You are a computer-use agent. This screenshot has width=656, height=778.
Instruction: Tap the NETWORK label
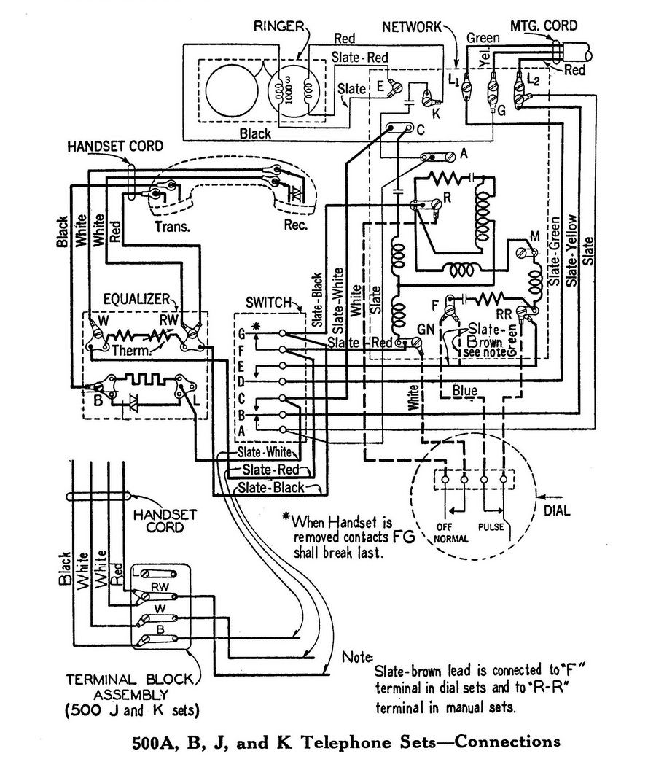(412, 27)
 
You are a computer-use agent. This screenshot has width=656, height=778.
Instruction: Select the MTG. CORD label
(543, 26)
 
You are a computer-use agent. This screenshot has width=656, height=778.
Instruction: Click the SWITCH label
(269, 302)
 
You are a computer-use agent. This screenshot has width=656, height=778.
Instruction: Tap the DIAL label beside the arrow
(556, 512)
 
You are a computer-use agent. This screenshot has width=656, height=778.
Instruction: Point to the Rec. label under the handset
(296, 225)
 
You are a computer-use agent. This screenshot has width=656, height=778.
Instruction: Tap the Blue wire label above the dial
(464, 392)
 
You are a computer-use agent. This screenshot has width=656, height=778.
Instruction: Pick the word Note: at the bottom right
(357, 656)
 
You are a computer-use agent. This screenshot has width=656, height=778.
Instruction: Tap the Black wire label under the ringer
(254, 133)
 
